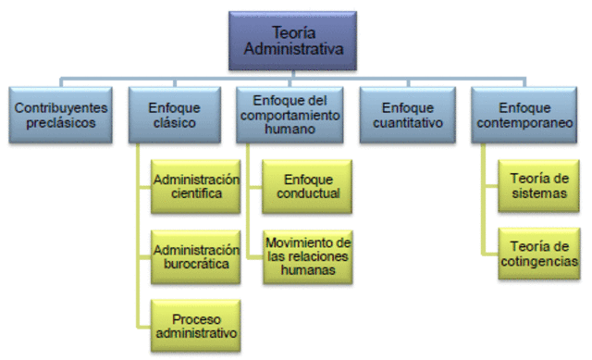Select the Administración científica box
[195, 187]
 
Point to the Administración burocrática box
[195, 257]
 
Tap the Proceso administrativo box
[195, 325]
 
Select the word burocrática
[195, 265]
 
